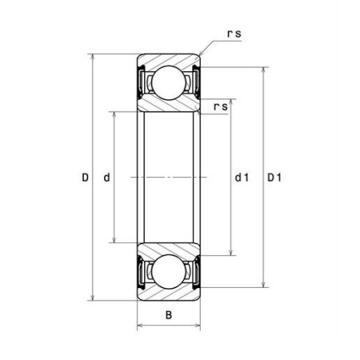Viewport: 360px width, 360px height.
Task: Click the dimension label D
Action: [x=85, y=177]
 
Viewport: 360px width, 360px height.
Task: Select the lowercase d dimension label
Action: [x=106, y=177]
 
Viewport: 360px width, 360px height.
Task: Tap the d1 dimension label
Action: [x=242, y=177]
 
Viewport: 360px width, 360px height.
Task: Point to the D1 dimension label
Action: [x=274, y=177]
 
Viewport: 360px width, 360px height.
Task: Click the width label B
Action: [x=169, y=315]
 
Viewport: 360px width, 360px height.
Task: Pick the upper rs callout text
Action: [x=234, y=34]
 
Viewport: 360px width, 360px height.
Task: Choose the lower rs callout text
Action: [x=221, y=106]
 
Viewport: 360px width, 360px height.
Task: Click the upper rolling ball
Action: [x=168, y=82]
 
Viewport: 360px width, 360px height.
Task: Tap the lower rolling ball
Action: [x=168, y=272]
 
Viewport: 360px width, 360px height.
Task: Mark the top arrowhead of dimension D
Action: [x=93, y=57]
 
